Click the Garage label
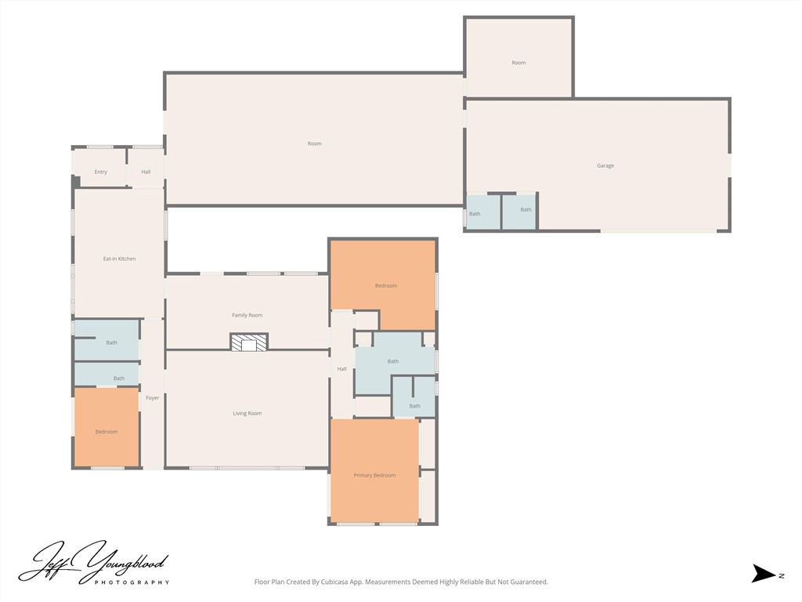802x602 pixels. pyautogui.click(x=605, y=165)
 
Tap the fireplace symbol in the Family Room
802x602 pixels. pyautogui.click(x=248, y=342)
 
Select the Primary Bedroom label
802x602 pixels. pyautogui.click(x=374, y=476)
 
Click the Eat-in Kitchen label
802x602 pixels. pyautogui.click(x=119, y=259)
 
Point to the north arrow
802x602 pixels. pyautogui.click(x=764, y=573)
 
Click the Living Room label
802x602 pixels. pyautogui.click(x=247, y=413)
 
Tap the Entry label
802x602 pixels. pyautogui.click(x=101, y=172)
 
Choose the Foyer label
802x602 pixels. pyautogui.click(x=153, y=397)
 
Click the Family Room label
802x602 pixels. pyautogui.click(x=247, y=315)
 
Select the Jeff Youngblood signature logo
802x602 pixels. pyautogui.click(x=94, y=563)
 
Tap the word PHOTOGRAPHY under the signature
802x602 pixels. pyautogui.click(x=132, y=582)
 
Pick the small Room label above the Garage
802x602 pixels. pyautogui.click(x=518, y=63)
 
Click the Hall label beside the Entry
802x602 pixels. pyautogui.click(x=146, y=172)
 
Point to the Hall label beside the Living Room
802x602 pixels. pyautogui.click(x=341, y=369)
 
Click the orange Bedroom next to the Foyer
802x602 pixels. pyautogui.click(x=107, y=427)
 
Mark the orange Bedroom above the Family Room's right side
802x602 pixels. pyautogui.click(x=383, y=285)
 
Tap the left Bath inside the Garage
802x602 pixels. pyautogui.click(x=483, y=212)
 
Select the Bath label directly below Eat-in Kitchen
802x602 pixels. pyautogui.click(x=111, y=343)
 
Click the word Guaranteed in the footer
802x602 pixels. pyautogui.click(x=530, y=582)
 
